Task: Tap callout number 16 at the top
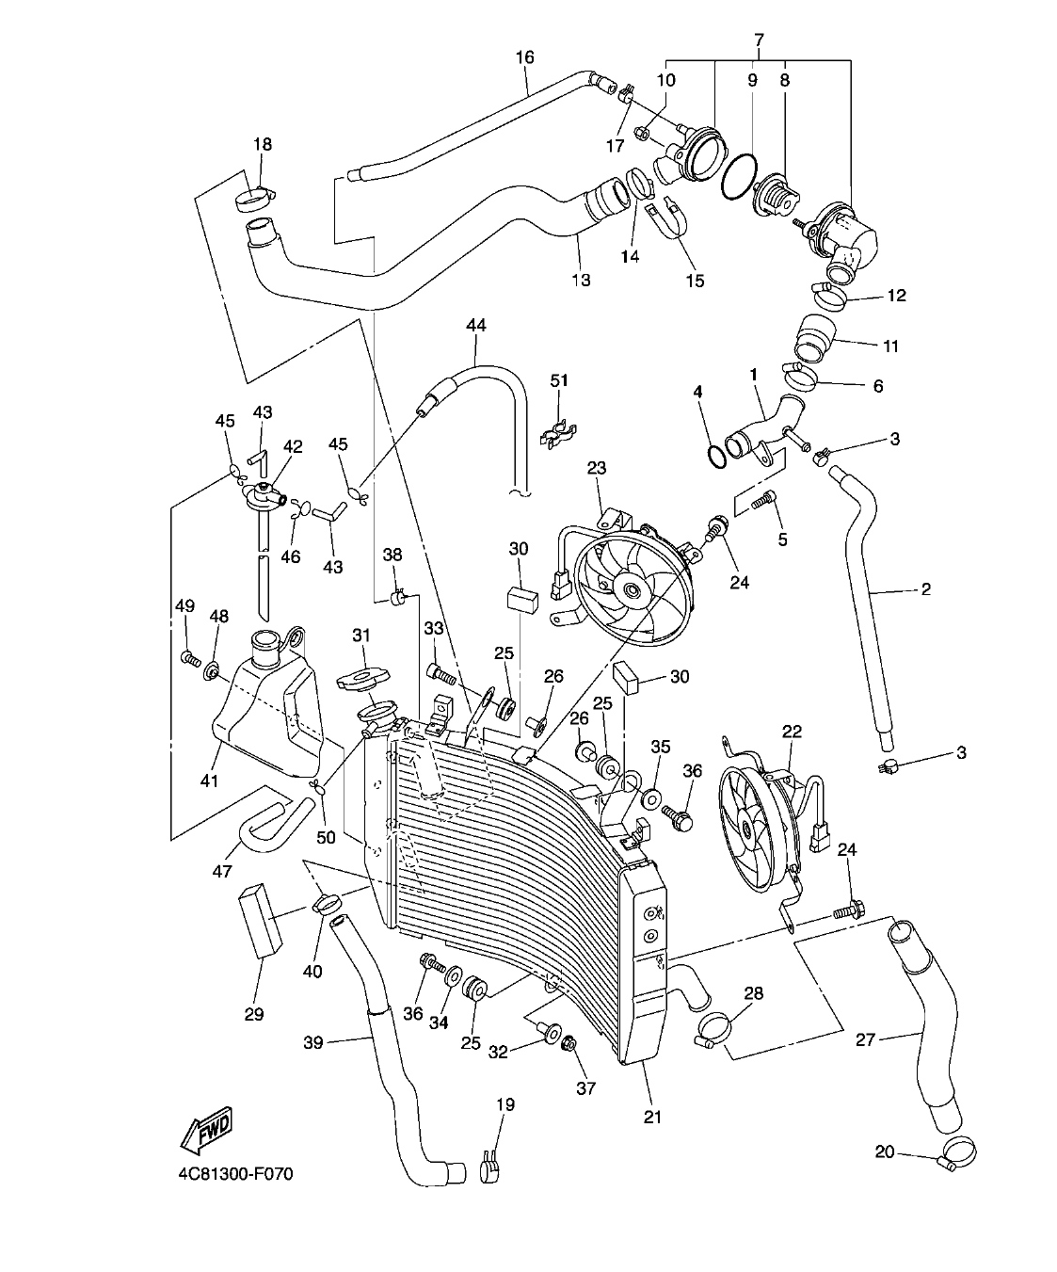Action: tap(524, 58)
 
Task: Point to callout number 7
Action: tap(759, 40)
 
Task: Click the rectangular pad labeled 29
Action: tap(262, 919)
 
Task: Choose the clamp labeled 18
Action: tap(255, 199)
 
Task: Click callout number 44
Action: tap(475, 326)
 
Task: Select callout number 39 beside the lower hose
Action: tap(314, 1042)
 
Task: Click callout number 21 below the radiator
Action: tap(652, 1117)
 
